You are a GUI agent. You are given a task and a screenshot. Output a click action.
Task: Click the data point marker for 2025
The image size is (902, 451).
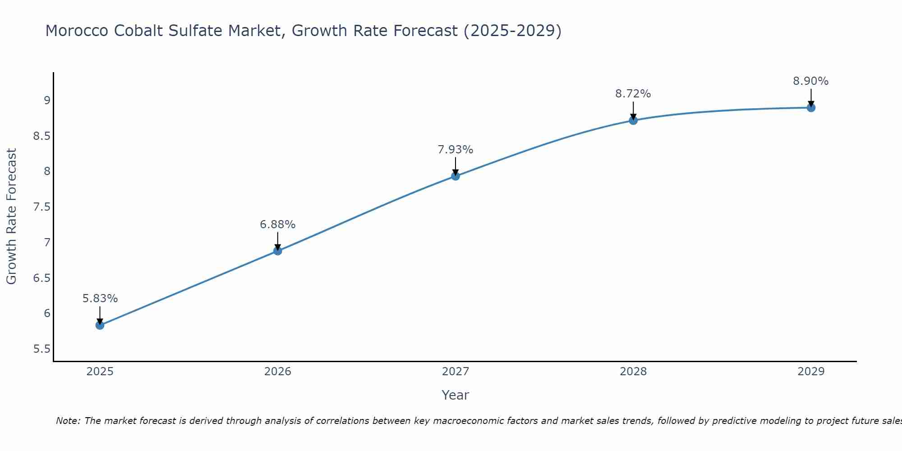coord(100,325)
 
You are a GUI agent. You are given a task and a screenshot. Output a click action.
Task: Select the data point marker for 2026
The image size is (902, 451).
coord(278,251)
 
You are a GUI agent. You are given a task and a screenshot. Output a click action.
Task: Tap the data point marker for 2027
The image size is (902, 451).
coord(456,176)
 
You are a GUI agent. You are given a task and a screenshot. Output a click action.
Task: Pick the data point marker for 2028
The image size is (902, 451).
coord(633,120)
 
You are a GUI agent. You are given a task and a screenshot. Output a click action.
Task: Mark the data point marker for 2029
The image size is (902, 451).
coord(811,107)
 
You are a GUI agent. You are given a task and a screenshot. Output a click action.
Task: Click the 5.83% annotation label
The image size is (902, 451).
coord(100,299)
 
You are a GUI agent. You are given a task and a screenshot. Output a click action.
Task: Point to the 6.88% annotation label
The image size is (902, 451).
coord(278,224)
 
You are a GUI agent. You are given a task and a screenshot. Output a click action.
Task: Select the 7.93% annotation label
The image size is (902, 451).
coord(456,150)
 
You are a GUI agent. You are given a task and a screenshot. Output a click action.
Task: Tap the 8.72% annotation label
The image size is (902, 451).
coord(633,94)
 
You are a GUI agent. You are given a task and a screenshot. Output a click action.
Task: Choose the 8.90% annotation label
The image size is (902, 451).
coord(811,81)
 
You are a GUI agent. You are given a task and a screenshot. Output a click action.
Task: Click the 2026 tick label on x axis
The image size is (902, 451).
coord(278,372)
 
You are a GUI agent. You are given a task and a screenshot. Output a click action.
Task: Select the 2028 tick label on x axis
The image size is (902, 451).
coord(633,372)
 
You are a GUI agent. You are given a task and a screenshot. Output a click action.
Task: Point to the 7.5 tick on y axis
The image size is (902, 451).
coord(41,207)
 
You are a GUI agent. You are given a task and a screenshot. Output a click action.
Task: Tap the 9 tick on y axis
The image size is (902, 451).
coord(47,101)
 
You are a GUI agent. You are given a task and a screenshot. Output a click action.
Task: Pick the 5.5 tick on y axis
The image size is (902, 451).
coord(41,349)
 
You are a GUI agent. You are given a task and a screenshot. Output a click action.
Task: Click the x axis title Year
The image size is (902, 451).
coord(456,395)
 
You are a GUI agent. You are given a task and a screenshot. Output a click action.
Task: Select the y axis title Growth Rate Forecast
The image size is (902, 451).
coord(11,216)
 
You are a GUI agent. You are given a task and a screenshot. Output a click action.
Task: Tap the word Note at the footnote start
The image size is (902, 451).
coord(68,421)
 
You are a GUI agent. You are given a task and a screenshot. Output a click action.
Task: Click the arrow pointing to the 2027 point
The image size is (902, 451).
coord(456,166)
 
